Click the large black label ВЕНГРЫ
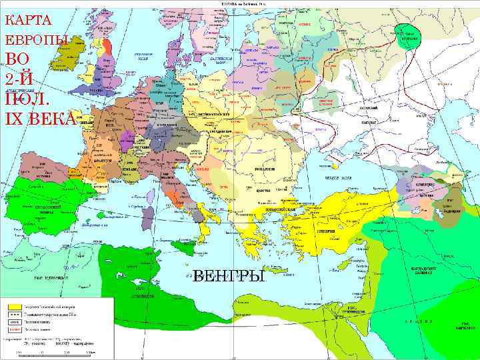coord(228,275)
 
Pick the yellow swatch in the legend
coord(13,307)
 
